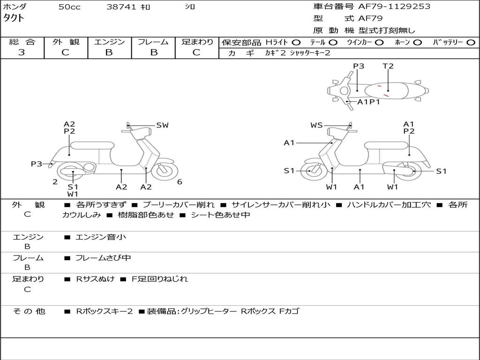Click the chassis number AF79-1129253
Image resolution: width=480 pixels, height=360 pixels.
click(x=394, y=7)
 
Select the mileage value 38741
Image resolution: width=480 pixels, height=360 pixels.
click(x=121, y=7)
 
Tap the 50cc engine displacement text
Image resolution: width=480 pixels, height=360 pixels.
click(x=69, y=7)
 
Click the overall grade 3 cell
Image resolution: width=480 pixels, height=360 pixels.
click(x=22, y=52)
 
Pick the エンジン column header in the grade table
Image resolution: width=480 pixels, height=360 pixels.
click(x=109, y=42)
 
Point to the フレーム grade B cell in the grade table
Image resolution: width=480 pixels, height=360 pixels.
click(x=153, y=52)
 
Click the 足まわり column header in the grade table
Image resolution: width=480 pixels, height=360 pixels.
click(x=197, y=42)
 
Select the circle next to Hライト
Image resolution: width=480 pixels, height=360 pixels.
click(x=296, y=43)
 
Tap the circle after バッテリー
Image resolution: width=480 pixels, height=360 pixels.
click(x=471, y=43)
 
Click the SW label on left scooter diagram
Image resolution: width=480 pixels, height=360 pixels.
click(x=162, y=125)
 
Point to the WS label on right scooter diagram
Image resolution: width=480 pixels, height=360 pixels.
click(x=316, y=125)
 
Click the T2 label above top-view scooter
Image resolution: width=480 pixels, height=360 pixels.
click(x=388, y=66)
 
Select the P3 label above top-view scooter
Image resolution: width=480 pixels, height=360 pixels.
click(x=359, y=66)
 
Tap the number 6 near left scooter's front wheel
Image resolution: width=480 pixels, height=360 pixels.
click(x=180, y=182)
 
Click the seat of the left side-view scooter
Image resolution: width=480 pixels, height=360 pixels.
click(x=92, y=145)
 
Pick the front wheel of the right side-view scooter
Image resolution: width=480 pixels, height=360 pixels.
click(x=311, y=171)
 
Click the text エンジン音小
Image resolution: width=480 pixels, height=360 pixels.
click(x=101, y=237)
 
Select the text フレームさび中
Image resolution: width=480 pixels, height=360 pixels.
click(x=103, y=258)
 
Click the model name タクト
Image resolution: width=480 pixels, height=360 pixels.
click(x=15, y=18)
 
